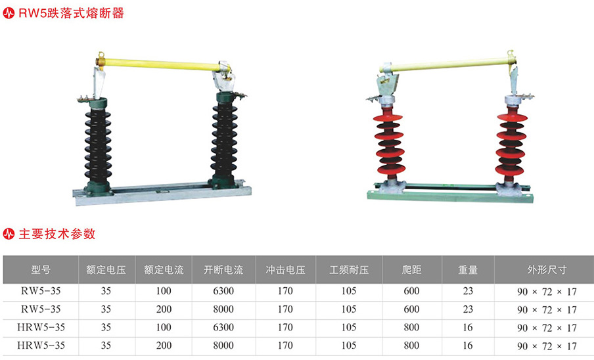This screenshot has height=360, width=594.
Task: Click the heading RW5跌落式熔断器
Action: pos(71,13)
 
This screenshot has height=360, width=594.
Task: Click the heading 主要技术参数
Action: pos(57,234)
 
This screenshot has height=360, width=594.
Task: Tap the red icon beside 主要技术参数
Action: pos(9,234)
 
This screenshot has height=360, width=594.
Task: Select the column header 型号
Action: pos(41,270)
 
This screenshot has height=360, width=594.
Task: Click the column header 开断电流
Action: pos(223,270)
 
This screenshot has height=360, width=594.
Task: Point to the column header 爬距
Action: pos(411,270)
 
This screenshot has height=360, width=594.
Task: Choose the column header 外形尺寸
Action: pos(547,270)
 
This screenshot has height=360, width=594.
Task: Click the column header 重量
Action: pos(468,270)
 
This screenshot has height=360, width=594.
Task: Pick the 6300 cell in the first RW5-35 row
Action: pos(223,291)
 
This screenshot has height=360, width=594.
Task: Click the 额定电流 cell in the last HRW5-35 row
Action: pos(164,346)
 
